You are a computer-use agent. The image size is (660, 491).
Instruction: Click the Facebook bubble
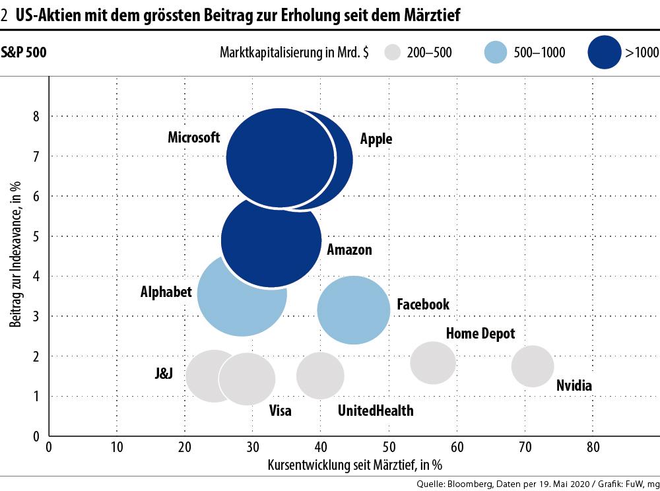pos(354,310)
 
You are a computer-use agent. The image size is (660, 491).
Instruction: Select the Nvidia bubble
pos(533,366)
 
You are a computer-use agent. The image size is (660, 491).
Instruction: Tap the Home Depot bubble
pos(433,362)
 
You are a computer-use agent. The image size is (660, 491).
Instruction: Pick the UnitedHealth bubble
pos(320,376)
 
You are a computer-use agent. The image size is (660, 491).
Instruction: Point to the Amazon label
pos(349,250)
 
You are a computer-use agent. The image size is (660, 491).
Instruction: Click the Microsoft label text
pos(193,137)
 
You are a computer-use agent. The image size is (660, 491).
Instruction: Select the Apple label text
pos(376,139)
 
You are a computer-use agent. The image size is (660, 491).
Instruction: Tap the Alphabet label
pos(166,292)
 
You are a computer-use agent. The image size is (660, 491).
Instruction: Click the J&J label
pos(163,374)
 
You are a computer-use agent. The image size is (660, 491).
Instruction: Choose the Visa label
pos(280,410)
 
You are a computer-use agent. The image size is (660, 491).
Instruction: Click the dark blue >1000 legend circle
pos(604,52)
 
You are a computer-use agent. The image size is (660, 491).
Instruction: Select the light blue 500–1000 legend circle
pos(496,53)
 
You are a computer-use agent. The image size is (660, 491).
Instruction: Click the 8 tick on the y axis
pos(36,116)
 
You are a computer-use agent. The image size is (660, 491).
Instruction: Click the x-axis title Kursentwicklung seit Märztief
pos(354,465)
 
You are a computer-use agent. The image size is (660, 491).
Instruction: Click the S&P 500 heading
pos(24,52)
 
